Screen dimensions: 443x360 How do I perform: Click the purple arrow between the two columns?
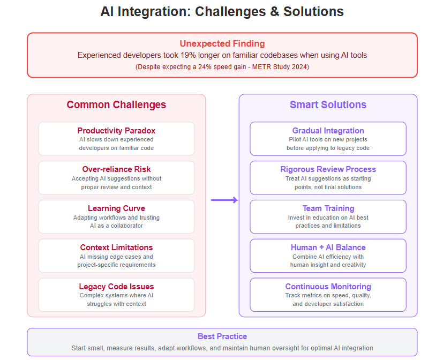click(224, 200)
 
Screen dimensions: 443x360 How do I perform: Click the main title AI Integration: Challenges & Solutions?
click(222, 12)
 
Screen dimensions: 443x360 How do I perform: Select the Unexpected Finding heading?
click(222, 43)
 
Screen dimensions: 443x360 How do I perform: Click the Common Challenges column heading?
click(116, 104)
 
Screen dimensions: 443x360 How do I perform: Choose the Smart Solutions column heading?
click(328, 104)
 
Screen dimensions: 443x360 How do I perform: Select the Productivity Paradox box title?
click(116, 131)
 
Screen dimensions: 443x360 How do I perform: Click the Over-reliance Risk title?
click(116, 169)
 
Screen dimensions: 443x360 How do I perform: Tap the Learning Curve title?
click(116, 208)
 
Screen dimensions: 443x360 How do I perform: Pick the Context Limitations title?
click(116, 247)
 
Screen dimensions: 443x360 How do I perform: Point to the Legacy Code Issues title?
click(116, 287)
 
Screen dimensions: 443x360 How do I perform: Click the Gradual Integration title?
click(328, 131)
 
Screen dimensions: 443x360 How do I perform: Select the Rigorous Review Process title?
click(328, 169)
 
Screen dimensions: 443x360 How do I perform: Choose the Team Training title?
click(328, 208)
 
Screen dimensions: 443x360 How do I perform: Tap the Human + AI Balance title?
click(328, 247)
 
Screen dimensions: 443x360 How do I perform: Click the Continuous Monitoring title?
click(328, 287)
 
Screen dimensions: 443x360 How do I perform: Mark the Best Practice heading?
click(222, 336)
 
